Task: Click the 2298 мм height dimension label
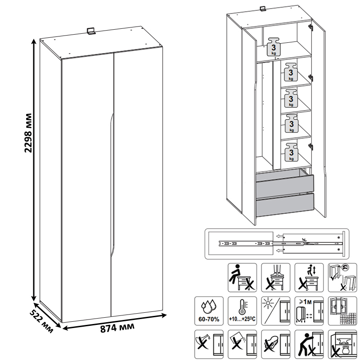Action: pyautogui.click(x=28, y=133)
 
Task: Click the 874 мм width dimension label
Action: pyautogui.click(x=117, y=328)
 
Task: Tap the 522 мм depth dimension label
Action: pyautogui.click(x=41, y=321)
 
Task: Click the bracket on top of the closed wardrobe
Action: pyautogui.click(x=91, y=31)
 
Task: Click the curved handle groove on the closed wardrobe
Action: pyautogui.click(x=112, y=184)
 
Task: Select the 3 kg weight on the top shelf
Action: pyautogui.click(x=274, y=47)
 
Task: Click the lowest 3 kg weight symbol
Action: pyautogui.click(x=291, y=152)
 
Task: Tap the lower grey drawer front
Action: pyautogui.click(x=285, y=205)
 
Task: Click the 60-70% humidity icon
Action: pyautogui.click(x=209, y=311)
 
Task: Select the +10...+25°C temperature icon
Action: pyautogui.click(x=242, y=311)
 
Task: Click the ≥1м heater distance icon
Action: pyautogui.click(x=309, y=311)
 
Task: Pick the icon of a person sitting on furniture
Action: pyautogui.click(x=242, y=278)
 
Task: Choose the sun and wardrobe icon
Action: pyautogui.click(x=276, y=311)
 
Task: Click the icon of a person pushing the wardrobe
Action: pyautogui.click(x=309, y=344)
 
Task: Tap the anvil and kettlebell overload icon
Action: pyautogui.click(x=342, y=344)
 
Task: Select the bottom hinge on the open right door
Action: pyautogui.click(x=310, y=147)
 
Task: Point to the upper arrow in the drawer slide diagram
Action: pyautogui.click(x=279, y=236)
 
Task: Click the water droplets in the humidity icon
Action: pyautogui.click(x=209, y=305)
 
